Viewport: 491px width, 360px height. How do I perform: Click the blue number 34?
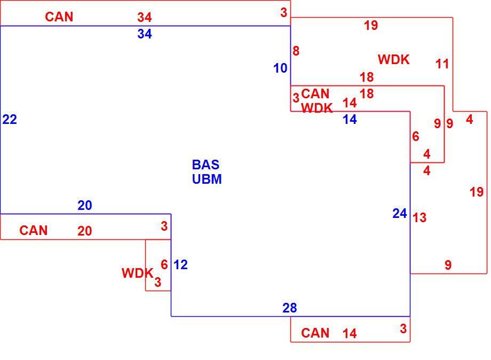(144, 34)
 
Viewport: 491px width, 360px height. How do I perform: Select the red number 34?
(144, 17)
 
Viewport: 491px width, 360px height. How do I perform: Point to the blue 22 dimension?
(10, 119)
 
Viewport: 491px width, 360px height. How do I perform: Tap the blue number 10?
(280, 68)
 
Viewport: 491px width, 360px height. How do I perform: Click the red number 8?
(296, 51)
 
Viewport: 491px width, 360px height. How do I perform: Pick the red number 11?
(442, 64)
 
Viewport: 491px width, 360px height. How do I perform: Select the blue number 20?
(84, 205)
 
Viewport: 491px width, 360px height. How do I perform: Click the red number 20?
(84, 231)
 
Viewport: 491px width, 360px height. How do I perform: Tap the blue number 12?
(181, 265)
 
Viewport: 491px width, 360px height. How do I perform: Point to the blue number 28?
(290, 308)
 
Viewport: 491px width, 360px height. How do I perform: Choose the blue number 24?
(400, 213)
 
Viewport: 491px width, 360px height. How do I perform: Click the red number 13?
(419, 217)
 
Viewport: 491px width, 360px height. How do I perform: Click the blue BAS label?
(205, 165)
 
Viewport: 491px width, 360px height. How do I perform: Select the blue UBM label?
(207, 179)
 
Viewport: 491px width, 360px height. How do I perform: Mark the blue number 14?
(350, 119)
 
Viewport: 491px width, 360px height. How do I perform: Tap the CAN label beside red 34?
(59, 17)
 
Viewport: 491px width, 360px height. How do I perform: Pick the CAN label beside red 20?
(34, 231)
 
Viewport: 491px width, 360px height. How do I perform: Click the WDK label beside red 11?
(394, 59)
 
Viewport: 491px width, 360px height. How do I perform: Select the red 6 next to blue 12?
(164, 265)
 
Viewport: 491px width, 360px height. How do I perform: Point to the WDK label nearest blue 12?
(138, 273)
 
